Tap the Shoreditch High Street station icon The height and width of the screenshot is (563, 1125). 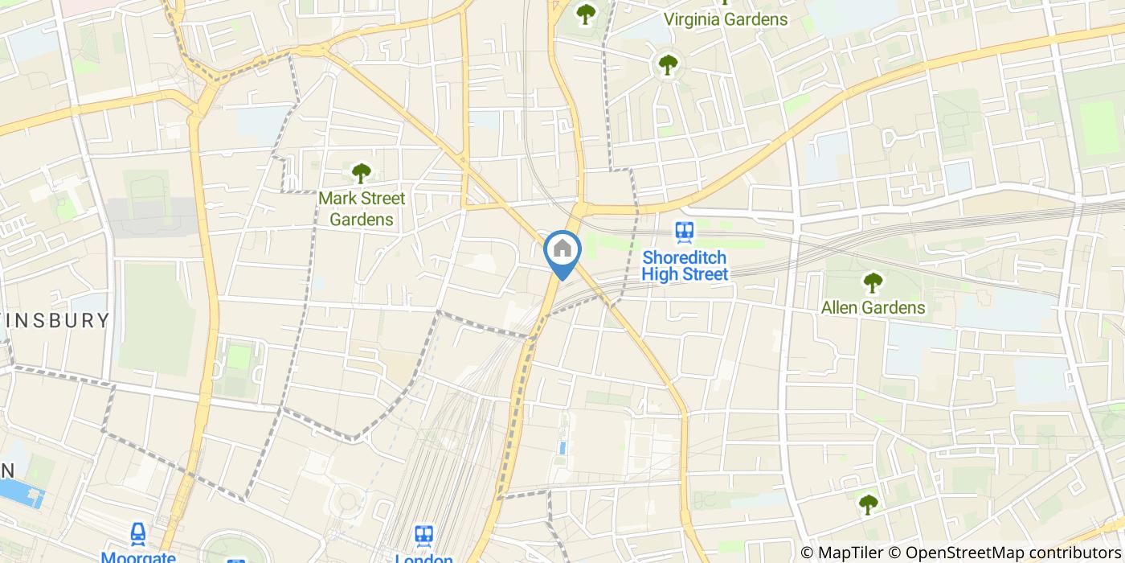685,232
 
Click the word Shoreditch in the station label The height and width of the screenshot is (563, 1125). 685,258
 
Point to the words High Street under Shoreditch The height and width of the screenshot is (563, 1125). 685,274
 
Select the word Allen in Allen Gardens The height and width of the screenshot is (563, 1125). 841,307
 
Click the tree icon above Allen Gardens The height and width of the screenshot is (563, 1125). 873,282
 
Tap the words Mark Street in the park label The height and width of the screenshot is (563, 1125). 362,198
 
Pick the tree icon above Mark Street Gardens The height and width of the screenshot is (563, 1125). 362,172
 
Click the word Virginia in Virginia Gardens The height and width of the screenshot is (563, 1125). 693,18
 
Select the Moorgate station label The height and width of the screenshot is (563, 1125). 139,557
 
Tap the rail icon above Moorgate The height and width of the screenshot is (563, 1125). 139,533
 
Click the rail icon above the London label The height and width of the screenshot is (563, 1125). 423,535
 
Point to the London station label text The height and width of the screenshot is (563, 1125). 423,558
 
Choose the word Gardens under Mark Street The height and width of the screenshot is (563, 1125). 362,219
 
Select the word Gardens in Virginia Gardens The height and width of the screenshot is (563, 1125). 755,18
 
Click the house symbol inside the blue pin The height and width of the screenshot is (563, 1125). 562,249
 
